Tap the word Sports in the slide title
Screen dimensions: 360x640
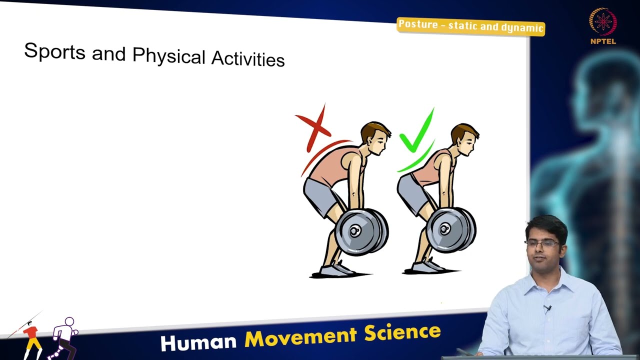pyautogui.click(x=54, y=51)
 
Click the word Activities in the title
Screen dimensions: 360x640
pyautogui.click(x=247, y=59)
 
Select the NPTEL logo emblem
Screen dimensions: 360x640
pyautogui.click(x=602, y=22)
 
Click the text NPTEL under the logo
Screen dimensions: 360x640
pyautogui.click(x=603, y=41)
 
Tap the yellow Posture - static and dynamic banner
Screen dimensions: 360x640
pyautogui.click(x=470, y=26)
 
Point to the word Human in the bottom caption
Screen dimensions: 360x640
pyautogui.click(x=198, y=342)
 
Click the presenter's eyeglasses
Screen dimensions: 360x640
pyautogui.click(x=543, y=243)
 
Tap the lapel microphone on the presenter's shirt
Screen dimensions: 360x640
pyautogui.click(x=547, y=309)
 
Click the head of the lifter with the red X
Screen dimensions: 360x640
pyautogui.click(x=374, y=137)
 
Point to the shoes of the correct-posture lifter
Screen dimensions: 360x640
pyautogui.click(x=428, y=266)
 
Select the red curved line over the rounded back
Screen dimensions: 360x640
pyautogui.click(x=322, y=155)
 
